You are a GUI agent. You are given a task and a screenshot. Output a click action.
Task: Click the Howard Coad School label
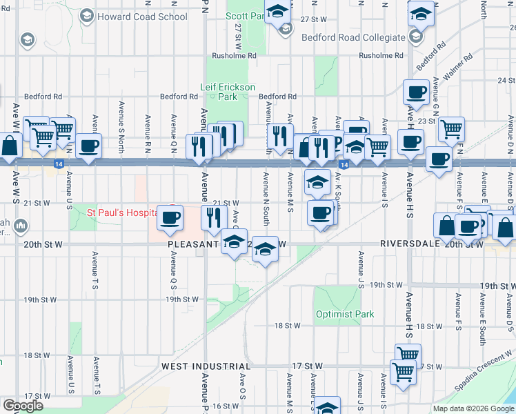point(143,17)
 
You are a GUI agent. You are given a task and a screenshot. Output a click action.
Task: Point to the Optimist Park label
point(345,314)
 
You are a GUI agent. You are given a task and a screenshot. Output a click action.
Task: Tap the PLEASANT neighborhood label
point(194,244)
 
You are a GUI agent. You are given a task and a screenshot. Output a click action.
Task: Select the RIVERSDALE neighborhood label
point(410,244)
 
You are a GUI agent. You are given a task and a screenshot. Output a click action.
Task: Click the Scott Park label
point(243,14)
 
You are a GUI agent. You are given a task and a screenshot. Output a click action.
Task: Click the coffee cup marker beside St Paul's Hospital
point(170,217)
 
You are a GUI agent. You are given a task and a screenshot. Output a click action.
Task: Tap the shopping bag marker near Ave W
point(11,146)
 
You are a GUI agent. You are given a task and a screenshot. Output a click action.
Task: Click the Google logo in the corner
point(23,406)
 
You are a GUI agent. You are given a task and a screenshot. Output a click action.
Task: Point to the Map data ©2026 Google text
point(473,408)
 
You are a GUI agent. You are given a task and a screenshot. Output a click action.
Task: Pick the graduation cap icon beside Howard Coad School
point(87,15)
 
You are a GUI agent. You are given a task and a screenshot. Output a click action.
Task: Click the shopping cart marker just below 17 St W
point(403,371)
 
